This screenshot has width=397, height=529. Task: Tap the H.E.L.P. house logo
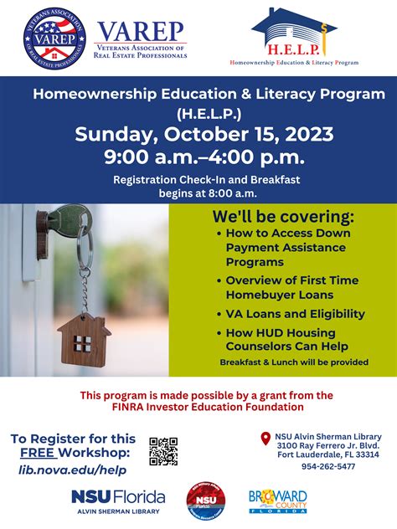point(293,35)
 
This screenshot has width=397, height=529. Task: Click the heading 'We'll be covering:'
point(282,217)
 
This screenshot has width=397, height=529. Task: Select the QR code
point(163,450)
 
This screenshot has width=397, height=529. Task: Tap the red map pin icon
point(266,438)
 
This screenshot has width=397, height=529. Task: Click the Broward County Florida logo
point(277,501)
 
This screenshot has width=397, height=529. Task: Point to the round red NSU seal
point(205,501)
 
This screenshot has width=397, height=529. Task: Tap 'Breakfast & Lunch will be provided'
point(294,362)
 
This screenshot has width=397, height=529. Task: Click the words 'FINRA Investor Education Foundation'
point(198,407)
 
